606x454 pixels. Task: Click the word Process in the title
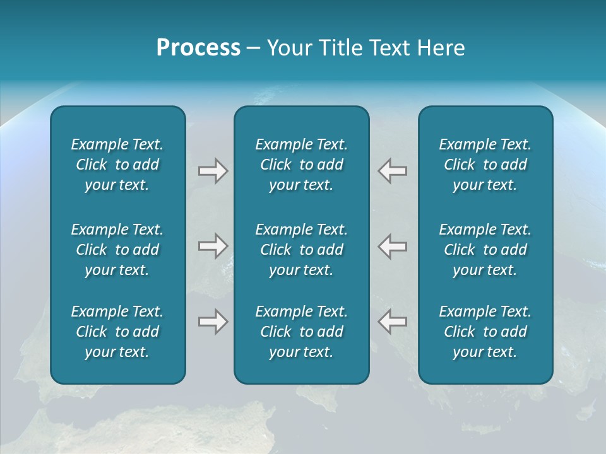[198, 48]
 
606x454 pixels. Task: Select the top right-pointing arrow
[213, 170]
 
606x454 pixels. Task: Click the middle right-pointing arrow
[213, 246]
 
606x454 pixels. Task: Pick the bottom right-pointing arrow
[213, 322]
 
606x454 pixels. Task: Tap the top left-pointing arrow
[393, 170]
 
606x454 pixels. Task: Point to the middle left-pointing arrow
[393, 246]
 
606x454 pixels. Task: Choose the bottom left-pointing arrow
[393, 322]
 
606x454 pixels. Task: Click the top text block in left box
[117, 165]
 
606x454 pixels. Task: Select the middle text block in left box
[117, 250]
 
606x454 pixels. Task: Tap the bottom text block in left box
[117, 332]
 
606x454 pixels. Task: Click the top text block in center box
[301, 165]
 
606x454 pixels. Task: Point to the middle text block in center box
[301, 250]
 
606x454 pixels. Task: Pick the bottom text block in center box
[301, 332]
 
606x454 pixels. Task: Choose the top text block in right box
[485, 165]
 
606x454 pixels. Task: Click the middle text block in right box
[485, 250]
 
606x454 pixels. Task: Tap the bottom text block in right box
[485, 332]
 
